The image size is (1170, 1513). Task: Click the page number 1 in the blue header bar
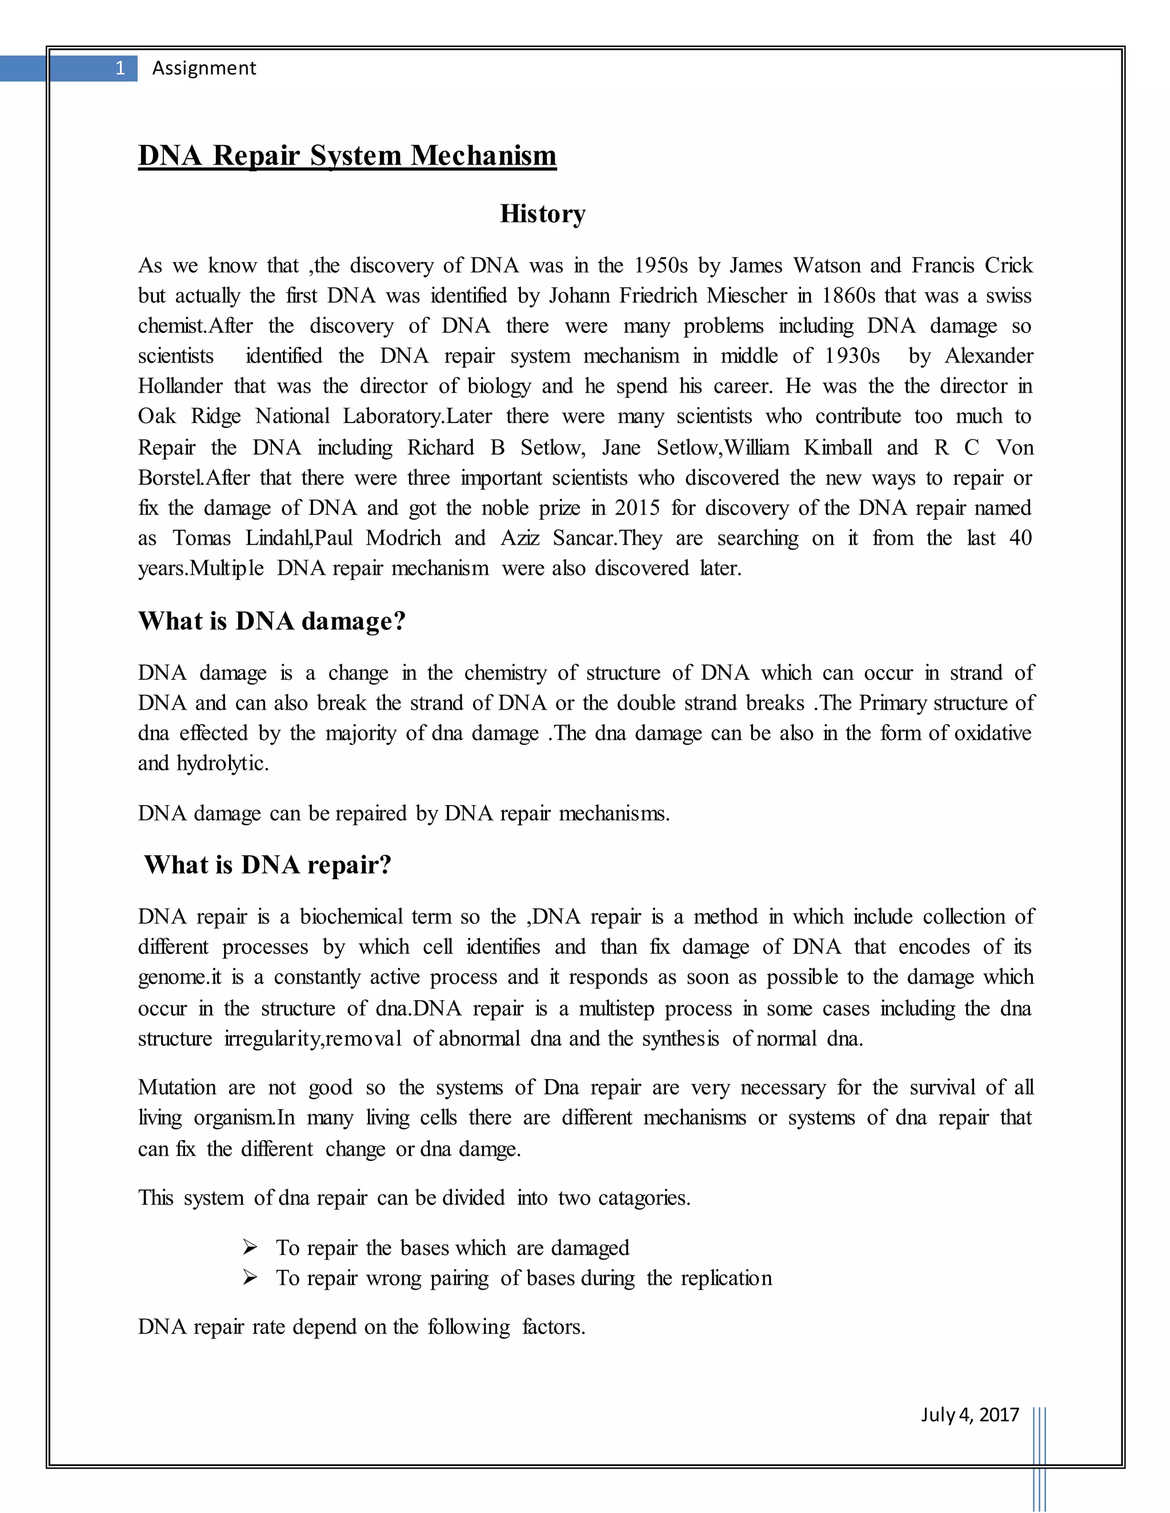point(120,68)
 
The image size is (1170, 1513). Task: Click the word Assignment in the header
point(204,68)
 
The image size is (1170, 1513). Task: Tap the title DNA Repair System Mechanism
point(347,155)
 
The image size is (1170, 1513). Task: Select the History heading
point(543,214)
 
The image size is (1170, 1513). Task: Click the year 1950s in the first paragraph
point(660,265)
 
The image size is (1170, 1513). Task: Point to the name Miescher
point(747,296)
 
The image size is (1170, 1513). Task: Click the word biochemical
point(351,916)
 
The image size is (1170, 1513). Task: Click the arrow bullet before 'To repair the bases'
point(250,1248)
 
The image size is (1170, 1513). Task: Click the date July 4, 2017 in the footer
point(969,1415)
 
